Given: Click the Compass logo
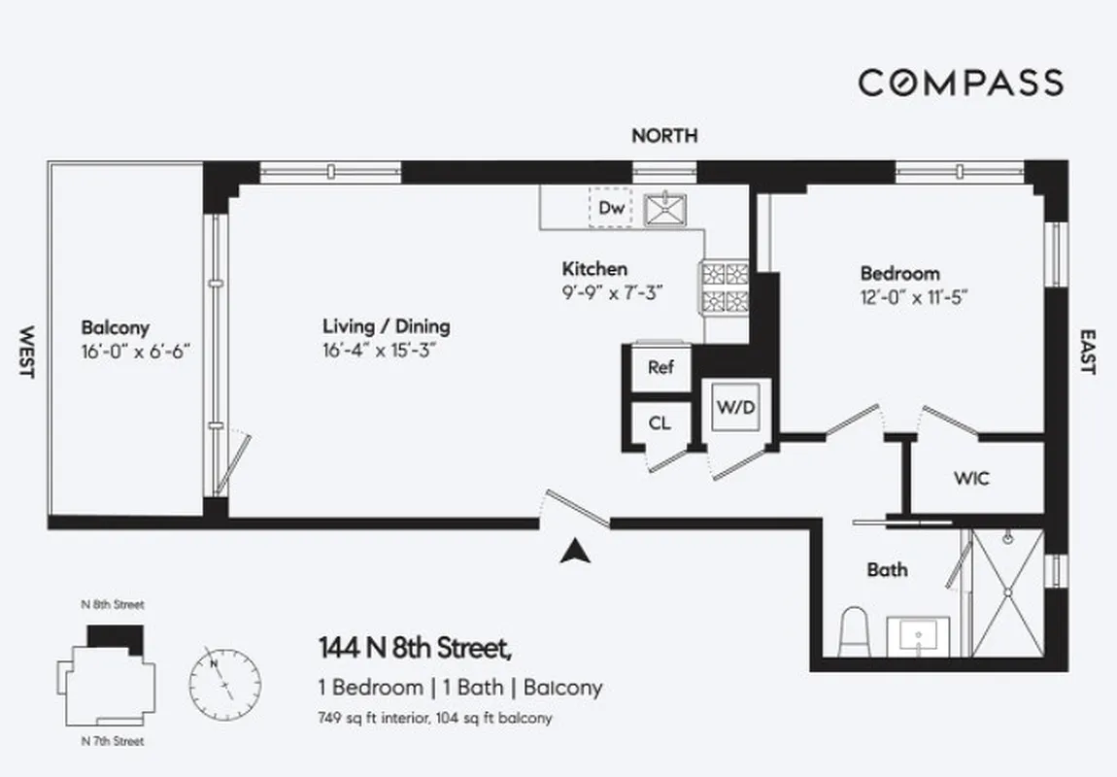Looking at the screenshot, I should (x=960, y=83).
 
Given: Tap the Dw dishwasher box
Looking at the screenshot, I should (x=610, y=208).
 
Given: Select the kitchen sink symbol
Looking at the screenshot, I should (x=666, y=209).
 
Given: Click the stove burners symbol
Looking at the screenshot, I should (x=725, y=287).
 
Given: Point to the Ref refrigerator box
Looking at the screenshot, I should (x=660, y=368).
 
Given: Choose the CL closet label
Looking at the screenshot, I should (x=660, y=423).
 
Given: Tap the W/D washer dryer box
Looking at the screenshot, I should (x=735, y=408).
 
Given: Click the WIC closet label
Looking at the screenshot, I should (x=971, y=479).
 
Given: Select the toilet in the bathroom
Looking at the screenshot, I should (x=855, y=630).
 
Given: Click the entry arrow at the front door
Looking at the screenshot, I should (x=575, y=551).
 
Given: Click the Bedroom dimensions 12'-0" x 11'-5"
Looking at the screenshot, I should (x=914, y=296).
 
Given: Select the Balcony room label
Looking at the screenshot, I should (x=115, y=328).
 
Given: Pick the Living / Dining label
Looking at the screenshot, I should (x=387, y=327).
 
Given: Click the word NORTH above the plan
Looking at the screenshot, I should (x=664, y=136).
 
